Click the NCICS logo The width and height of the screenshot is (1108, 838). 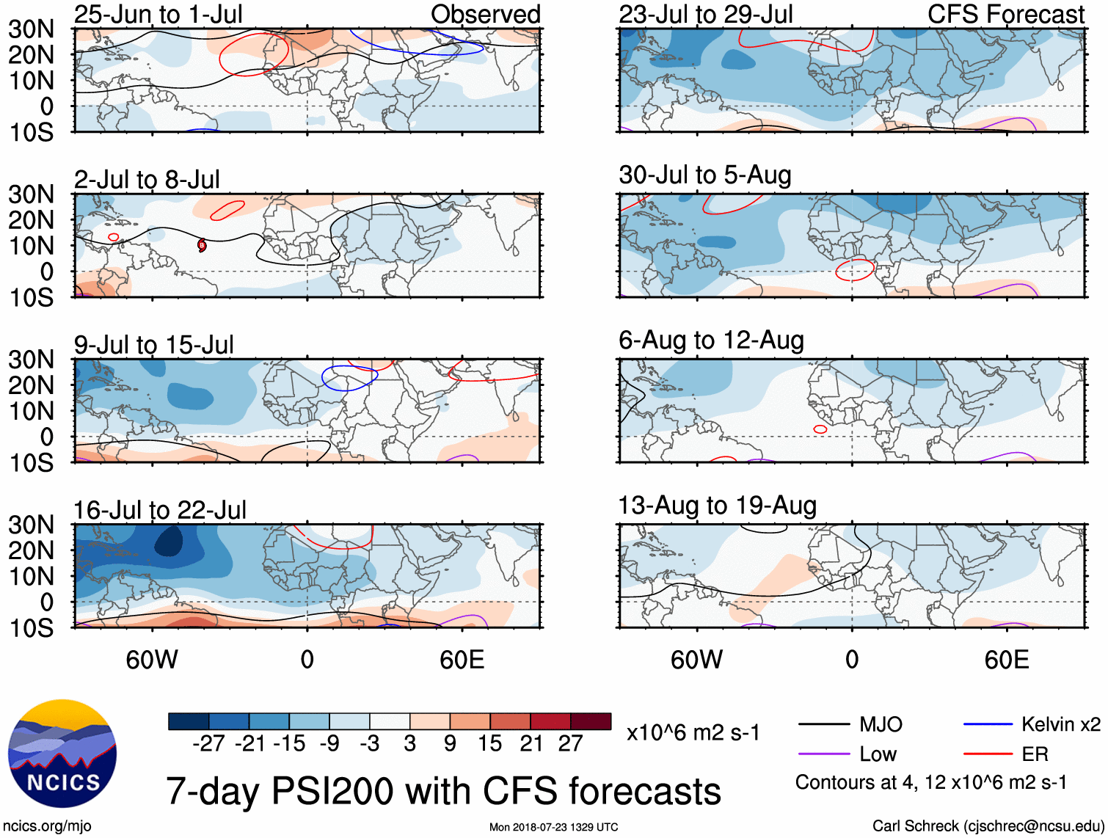click(62, 754)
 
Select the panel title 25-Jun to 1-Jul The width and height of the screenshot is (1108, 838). click(158, 14)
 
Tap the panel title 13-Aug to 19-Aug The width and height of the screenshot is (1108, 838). click(717, 506)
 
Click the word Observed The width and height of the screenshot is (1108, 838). click(485, 14)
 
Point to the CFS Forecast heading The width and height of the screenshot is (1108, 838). click(1005, 14)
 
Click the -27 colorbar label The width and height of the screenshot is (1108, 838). click(208, 744)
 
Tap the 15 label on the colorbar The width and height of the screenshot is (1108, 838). click(489, 744)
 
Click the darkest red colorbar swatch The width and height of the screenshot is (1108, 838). click(591, 721)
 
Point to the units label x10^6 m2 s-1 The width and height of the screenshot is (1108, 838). click(693, 733)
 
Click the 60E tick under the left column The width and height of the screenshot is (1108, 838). click(462, 660)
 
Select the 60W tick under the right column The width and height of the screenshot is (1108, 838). click(696, 660)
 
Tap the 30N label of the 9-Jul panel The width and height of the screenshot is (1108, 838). click(31, 360)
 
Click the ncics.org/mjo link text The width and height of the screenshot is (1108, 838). click(47, 826)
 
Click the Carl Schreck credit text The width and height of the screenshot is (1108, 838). click(988, 826)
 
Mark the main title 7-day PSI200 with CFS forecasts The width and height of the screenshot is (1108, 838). click(443, 791)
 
